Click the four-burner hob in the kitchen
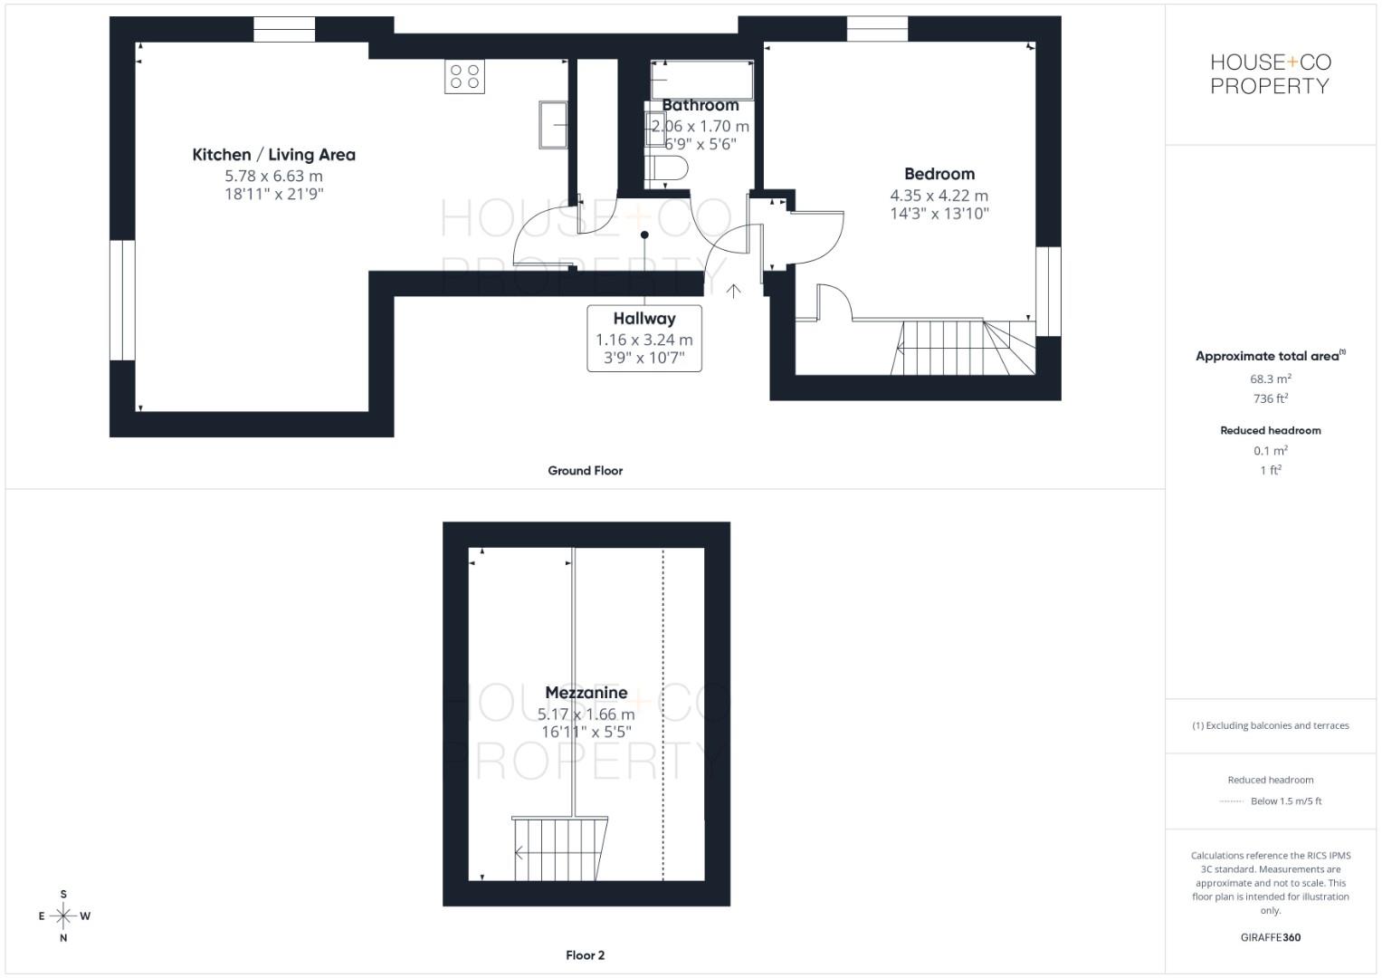coord(464,76)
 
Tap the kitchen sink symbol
coord(553,125)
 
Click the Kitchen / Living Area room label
coord(273,155)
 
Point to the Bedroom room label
coord(939,174)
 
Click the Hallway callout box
coord(644,338)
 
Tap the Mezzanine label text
coord(586,693)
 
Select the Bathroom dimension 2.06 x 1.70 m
coord(701,127)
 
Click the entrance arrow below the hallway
coord(733,291)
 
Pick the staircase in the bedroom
coord(963,347)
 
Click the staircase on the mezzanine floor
coord(558,849)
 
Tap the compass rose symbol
coord(63,916)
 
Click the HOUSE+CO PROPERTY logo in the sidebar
coord(1270,74)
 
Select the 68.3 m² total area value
coord(1271,379)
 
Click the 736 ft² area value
coord(1271,398)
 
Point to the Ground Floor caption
coord(586,471)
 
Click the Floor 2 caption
coord(586,955)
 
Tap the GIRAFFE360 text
coord(1271,937)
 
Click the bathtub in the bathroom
coord(702,80)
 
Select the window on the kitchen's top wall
coord(284,29)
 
